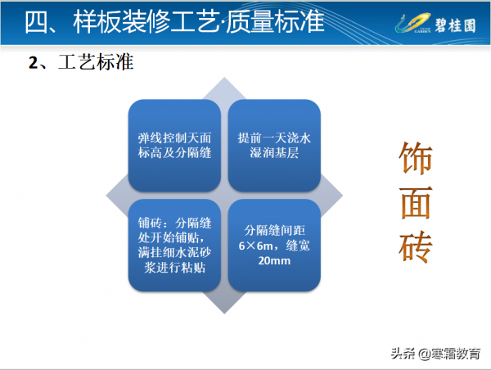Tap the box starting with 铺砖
(x=175, y=244)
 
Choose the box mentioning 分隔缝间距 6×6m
(x=274, y=244)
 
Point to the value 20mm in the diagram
(x=274, y=261)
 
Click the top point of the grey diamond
(x=225, y=79)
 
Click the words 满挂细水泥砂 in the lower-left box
(x=175, y=252)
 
